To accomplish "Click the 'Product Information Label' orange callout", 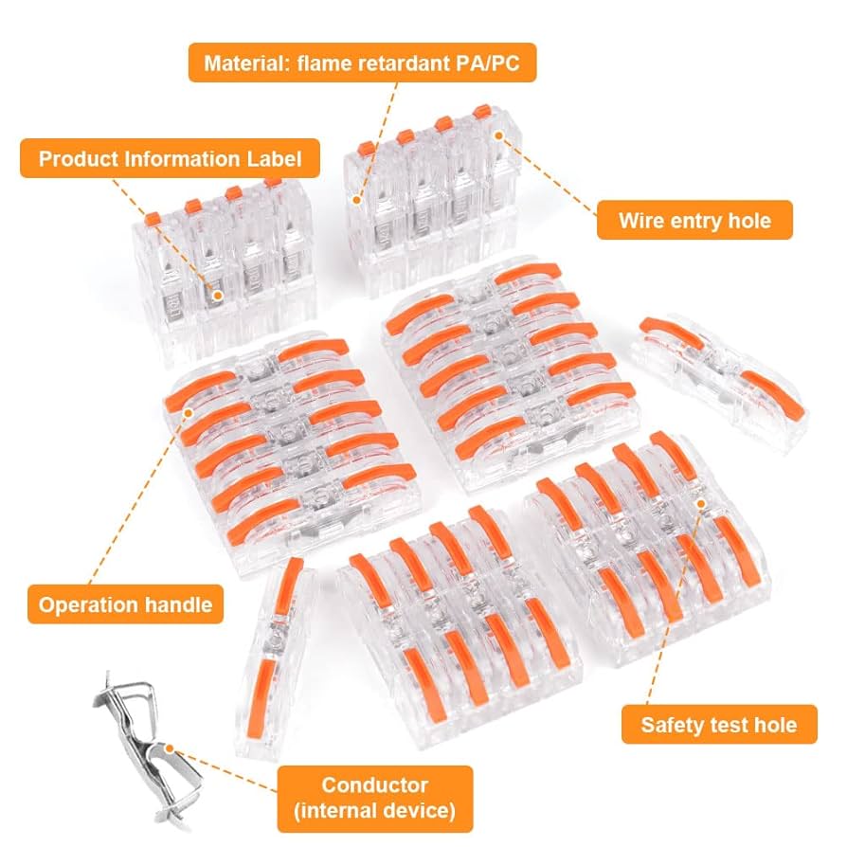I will [170, 158].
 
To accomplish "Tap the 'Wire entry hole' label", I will [694, 221].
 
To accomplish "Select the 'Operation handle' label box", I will [125, 604].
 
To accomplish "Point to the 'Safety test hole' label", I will [718, 725].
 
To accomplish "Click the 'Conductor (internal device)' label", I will [374, 798].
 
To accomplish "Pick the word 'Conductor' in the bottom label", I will [374, 785].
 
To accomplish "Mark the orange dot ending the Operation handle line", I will [189, 414].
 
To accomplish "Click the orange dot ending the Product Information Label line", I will [217, 296].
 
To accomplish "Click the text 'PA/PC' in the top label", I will [502, 64].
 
